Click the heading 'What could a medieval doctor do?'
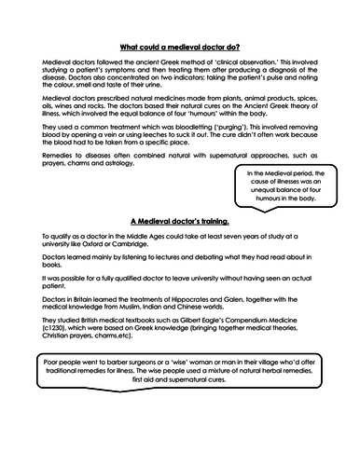tap(179, 46)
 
